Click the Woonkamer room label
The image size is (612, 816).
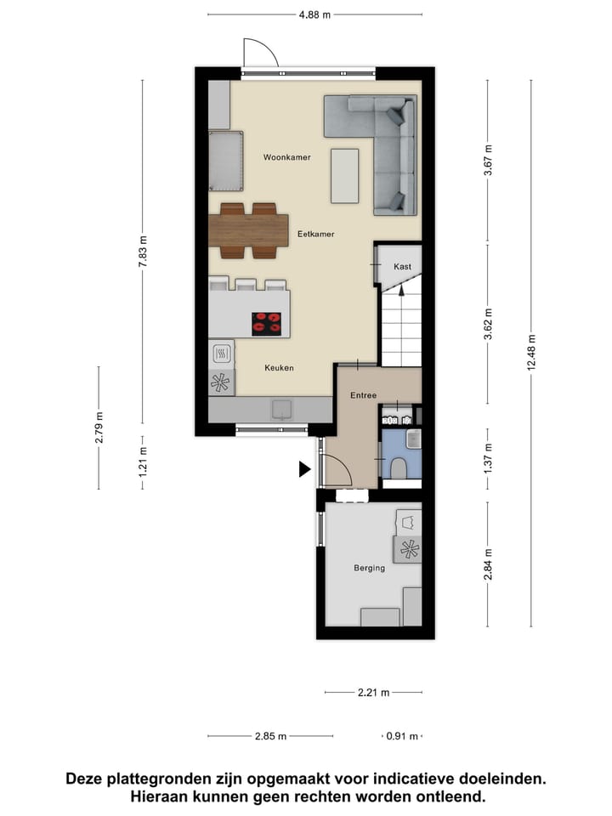[x=286, y=157]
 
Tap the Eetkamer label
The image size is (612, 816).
[x=315, y=232]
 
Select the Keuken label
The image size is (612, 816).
[x=278, y=368]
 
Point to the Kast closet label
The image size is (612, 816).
[x=402, y=267]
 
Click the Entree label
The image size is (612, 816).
[x=364, y=395]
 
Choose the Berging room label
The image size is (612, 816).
[x=369, y=568]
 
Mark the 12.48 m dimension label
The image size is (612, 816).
[x=531, y=350]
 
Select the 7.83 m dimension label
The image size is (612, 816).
[x=143, y=252]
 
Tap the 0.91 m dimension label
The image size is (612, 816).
[x=399, y=737]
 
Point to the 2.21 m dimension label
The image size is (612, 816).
[x=373, y=693]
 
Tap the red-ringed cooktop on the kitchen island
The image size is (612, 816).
[x=267, y=322]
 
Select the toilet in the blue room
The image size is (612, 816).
[x=399, y=467]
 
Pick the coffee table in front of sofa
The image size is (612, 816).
[x=344, y=175]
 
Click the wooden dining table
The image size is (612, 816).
[x=248, y=229]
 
